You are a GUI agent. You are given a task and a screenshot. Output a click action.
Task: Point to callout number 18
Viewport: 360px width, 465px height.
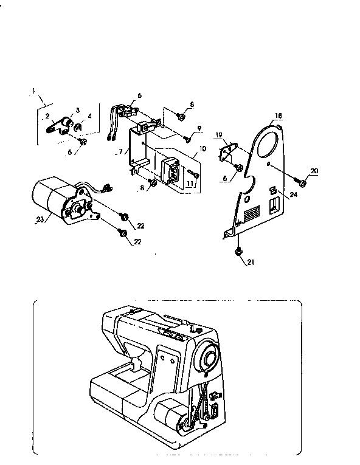click(x=278, y=115)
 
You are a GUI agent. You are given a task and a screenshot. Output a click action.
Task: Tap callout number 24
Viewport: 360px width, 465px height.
click(x=293, y=195)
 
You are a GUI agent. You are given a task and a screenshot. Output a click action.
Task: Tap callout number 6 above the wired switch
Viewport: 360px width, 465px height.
click(x=139, y=95)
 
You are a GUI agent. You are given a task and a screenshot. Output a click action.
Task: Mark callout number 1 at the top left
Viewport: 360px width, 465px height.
click(x=33, y=91)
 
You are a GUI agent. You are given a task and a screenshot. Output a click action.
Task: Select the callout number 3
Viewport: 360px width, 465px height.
click(x=78, y=109)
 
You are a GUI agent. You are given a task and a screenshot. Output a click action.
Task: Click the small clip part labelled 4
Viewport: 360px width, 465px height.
click(x=79, y=128)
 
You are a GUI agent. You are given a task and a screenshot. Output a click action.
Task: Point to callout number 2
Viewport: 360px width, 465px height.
click(x=47, y=115)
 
